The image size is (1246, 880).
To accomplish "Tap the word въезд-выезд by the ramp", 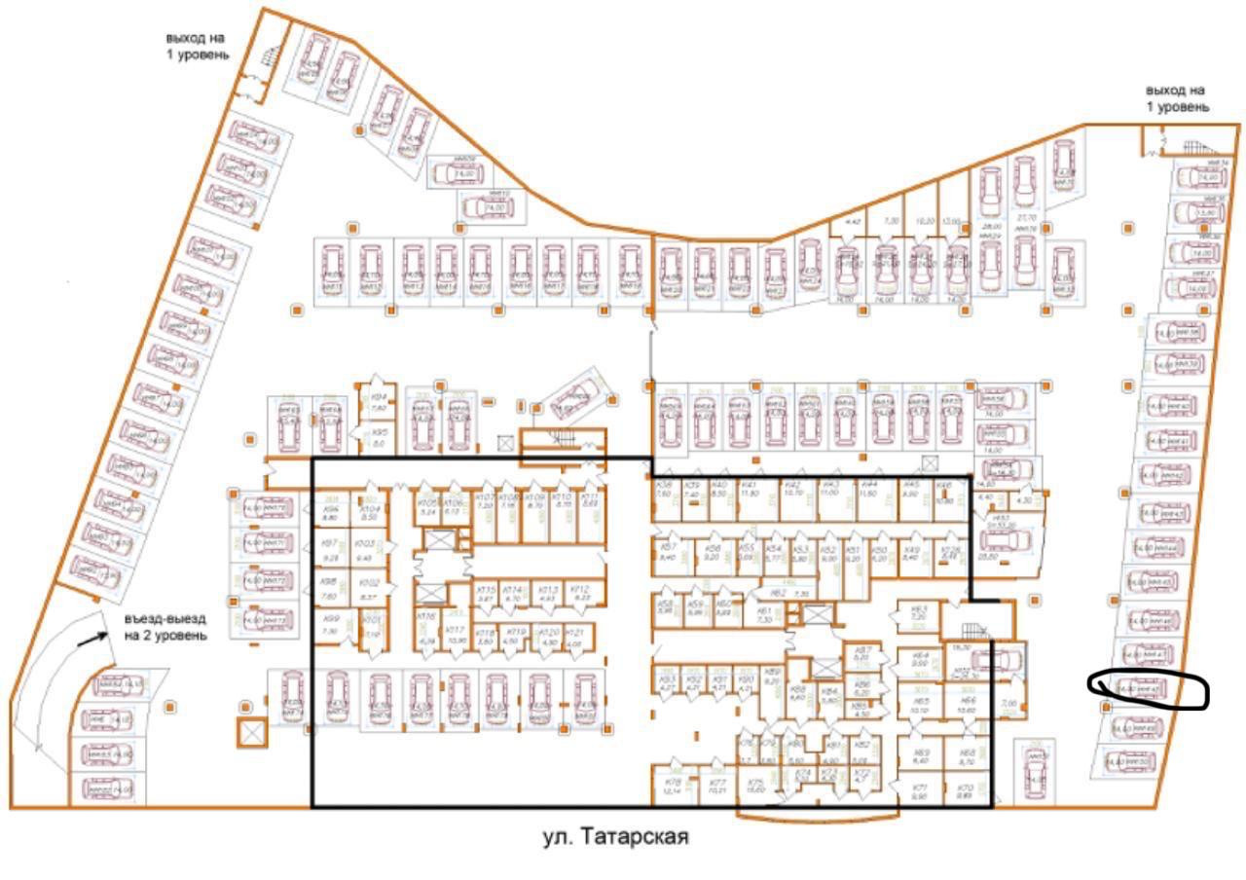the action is tap(165, 619).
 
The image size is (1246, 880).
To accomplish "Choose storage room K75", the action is tap(755, 786).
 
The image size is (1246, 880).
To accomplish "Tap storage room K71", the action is tap(920, 789).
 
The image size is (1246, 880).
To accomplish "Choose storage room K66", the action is tap(968, 706).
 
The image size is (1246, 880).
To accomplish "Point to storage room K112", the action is tap(580, 594).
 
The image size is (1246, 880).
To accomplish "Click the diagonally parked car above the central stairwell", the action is tap(580, 394).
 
